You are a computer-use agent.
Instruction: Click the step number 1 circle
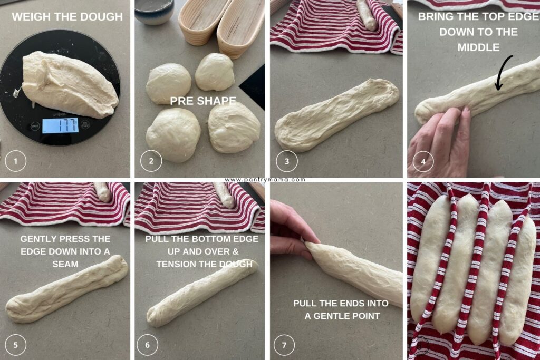pos(16,161)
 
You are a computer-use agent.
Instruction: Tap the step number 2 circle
pos(151,161)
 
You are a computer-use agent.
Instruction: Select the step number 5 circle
pos(16,345)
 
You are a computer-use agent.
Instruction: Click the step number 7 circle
pos(285,345)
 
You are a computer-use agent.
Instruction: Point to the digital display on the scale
pos(60,125)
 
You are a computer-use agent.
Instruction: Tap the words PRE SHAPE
pos(202,101)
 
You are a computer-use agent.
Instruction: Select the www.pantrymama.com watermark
pos(265,180)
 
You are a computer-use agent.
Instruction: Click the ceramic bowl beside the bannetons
pos(154,12)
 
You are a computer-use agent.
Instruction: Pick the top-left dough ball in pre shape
pos(168,83)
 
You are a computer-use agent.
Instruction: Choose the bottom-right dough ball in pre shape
pos(233,127)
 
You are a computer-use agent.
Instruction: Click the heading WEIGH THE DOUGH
pos(67,17)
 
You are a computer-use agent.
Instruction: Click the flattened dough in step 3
pos(336,114)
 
